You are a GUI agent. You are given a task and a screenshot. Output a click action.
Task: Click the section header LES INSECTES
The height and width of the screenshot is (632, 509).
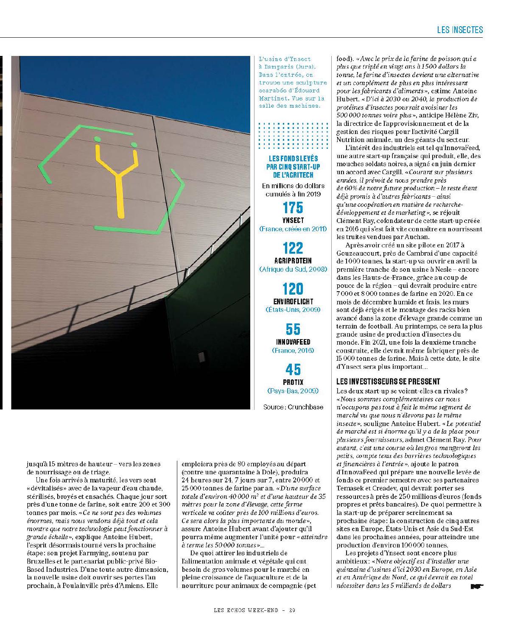460,30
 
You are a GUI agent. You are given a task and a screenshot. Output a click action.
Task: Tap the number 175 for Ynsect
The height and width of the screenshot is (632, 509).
293,208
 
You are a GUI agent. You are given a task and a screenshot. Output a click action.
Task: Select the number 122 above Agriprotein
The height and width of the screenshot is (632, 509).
293,248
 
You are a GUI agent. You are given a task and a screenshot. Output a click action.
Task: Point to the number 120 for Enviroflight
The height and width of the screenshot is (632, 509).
293,289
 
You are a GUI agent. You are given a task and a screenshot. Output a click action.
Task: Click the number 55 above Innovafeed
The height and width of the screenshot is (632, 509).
293,329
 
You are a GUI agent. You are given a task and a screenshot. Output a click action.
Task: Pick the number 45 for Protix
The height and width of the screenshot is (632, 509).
293,370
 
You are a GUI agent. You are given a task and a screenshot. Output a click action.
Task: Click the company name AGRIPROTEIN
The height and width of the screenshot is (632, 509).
293,261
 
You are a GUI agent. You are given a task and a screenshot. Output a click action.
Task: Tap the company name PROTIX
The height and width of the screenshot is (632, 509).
293,382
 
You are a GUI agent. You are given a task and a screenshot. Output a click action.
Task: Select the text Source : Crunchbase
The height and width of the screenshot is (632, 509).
293,407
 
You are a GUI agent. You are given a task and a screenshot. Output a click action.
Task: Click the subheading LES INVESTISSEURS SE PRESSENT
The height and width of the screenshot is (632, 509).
388,381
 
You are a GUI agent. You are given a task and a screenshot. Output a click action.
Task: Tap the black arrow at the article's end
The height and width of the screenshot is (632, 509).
477,587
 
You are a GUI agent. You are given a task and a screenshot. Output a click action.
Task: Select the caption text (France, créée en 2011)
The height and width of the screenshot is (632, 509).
293,229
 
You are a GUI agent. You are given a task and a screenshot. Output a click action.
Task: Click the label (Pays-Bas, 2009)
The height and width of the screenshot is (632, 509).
293,391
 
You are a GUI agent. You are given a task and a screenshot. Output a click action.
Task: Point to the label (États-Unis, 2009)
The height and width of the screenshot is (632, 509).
293,310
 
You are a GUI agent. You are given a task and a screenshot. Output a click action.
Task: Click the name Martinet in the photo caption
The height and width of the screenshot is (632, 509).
272,97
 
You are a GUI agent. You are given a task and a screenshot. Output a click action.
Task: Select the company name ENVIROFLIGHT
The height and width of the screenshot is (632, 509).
293,301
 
